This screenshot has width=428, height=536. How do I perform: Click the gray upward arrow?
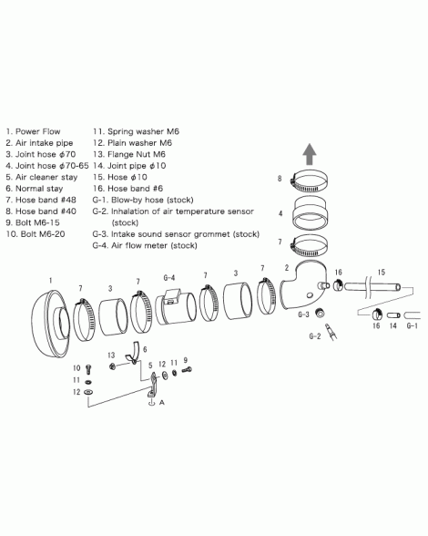point(310,154)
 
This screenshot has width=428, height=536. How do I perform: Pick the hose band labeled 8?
point(309,180)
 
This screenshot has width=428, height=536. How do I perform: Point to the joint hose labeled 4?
point(311,213)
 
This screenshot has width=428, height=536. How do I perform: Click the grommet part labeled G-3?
point(320,312)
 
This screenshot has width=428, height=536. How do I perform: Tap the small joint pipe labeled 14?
point(393,314)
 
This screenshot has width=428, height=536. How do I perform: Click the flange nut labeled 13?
point(112,366)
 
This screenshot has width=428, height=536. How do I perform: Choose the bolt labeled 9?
point(187,369)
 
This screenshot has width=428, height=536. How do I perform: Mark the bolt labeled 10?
point(89,369)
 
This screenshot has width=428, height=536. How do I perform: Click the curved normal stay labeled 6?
point(133,352)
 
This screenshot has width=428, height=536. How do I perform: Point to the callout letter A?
point(162,402)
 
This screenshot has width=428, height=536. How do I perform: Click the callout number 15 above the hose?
point(382,272)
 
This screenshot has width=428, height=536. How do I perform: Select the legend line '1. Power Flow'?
point(33,131)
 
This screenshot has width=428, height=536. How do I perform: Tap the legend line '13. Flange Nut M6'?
point(129,155)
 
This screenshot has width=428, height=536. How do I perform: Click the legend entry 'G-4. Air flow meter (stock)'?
point(145,245)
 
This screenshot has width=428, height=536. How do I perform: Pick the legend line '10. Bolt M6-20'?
point(36,234)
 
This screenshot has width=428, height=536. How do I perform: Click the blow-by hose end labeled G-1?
point(412,315)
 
